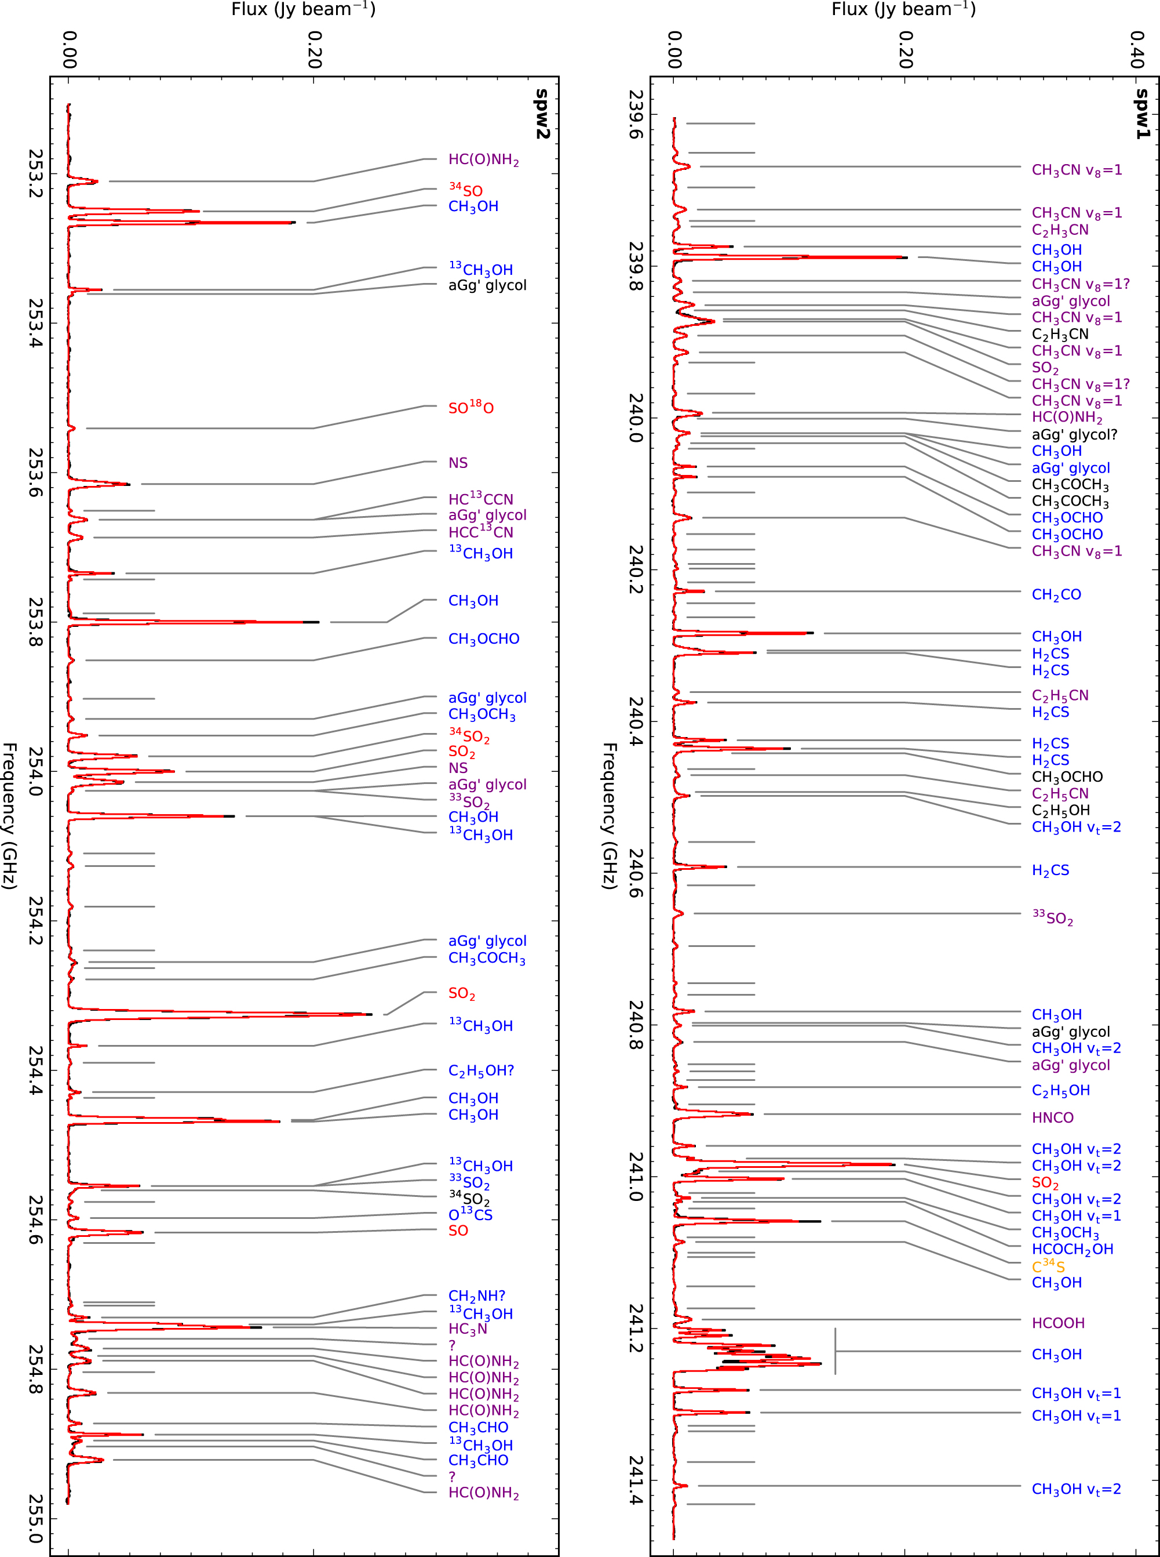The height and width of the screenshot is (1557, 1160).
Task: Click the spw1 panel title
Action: pos(1143,114)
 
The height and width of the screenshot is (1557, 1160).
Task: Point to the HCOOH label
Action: pos(1057,1323)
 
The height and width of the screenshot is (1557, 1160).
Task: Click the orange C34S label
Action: pos(1048,1267)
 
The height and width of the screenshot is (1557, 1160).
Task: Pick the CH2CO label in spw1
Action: pos(1056,594)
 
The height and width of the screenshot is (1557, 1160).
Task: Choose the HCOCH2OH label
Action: pos(1073,1249)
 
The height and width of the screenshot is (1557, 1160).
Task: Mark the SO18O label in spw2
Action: pos(470,407)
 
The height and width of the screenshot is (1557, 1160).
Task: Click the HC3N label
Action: pos(468,1329)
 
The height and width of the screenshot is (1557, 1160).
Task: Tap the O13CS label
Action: pos(470,1214)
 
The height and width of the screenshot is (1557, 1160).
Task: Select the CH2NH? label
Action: pos(476,1295)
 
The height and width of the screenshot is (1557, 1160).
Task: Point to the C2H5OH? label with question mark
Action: pos(481,1071)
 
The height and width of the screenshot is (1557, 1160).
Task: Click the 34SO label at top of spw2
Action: pos(465,190)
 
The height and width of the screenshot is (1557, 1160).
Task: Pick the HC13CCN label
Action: pos(480,499)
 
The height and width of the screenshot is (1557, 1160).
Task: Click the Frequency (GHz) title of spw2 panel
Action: pos(9,815)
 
